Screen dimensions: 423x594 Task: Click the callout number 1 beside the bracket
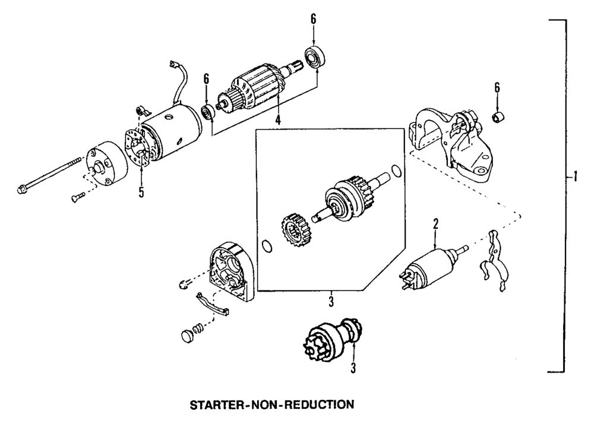pyautogui.click(x=573, y=177)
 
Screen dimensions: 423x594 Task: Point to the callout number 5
pyautogui.click(x=141, y=192)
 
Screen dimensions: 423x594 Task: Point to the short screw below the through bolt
pyautogui.click(x=78, y=198)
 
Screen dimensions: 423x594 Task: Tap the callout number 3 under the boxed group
pyautogui.click(x=331, y=301)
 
